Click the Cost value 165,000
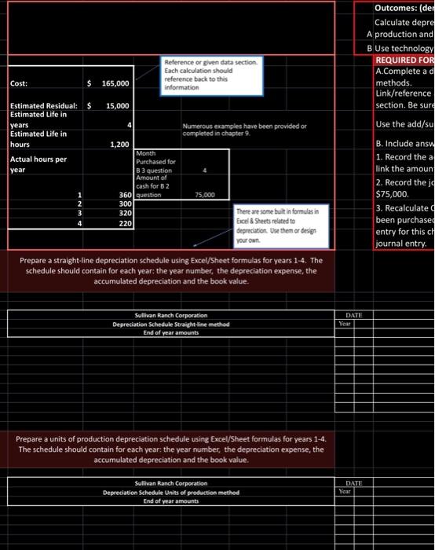pyautogui.click(x=114, y=83)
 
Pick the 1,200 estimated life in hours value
pyautogui.click(x=119, y=145)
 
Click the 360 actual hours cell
pyautogui.click(x=124, y=195)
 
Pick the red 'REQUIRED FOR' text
pyautogui.click(x=404, y=60)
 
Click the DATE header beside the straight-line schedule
pyautogui.click(x=354, y=315)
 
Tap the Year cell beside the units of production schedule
pyautogui.click(x=344, y=491)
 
